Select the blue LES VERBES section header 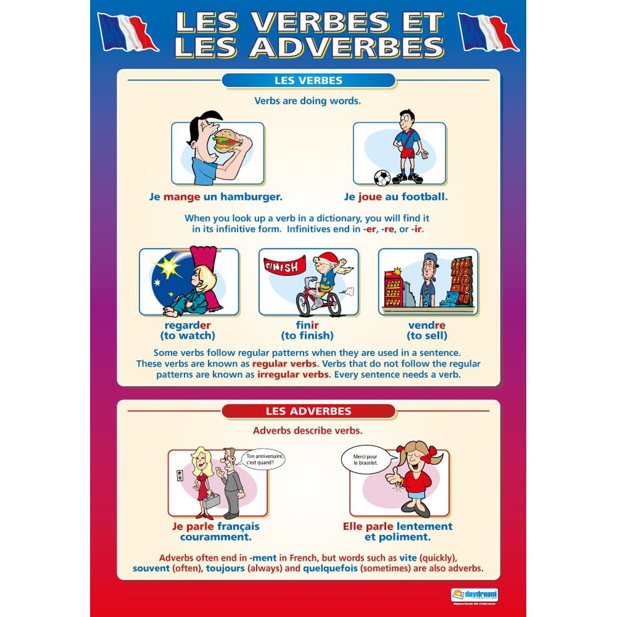click(308, 80)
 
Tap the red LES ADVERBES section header click(308, 411)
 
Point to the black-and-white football click(382, 178)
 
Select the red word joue click(370, 196)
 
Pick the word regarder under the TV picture click(188, 325)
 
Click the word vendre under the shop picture click(427, 325)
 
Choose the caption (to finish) click(307, 335)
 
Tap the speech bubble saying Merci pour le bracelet click(362, 459)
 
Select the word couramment click(215, 537)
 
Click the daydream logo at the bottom click(474, 595)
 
